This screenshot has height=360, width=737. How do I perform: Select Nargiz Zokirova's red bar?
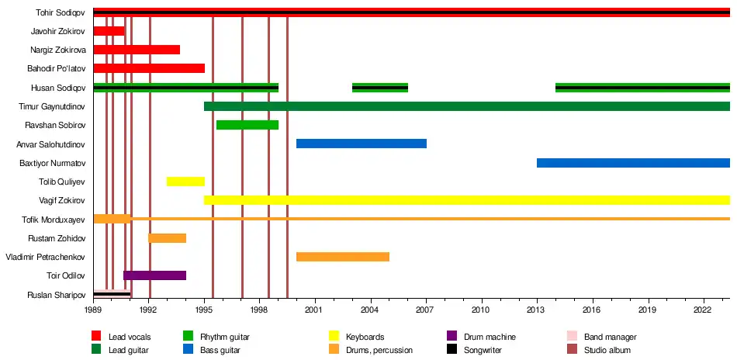point(137,50)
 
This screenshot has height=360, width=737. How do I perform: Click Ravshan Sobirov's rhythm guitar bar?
point(247,125)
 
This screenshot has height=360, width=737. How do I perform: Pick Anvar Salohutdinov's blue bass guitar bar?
point(361,144)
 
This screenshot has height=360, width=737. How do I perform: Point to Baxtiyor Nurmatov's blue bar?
point(633,163)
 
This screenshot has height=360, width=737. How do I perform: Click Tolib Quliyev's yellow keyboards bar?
point(185,182)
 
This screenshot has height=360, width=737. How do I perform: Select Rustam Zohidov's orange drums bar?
point(168,238)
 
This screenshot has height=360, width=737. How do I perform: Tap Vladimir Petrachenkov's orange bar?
point(342,257)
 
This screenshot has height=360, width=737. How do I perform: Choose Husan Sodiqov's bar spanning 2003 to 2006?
point(380,88)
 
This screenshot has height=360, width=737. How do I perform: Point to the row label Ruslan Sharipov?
point(56,295)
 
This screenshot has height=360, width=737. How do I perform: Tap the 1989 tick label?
point(94,309)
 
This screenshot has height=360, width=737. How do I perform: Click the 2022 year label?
point(704,309)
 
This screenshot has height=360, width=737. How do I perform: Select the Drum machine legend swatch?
point(452,337)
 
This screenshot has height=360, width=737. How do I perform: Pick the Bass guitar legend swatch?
point(189,350)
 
